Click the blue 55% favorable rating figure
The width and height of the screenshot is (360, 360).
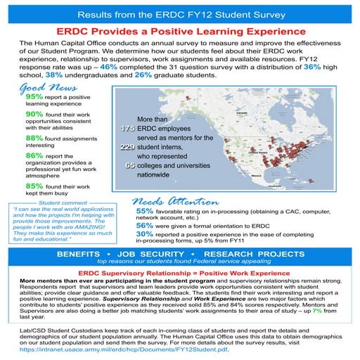(x=144, y=210)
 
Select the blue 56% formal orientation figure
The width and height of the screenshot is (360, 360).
(x=144, y=226)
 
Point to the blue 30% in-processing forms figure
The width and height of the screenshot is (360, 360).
(x=144, y=234)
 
